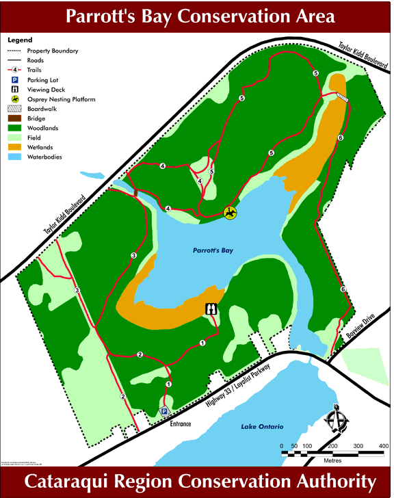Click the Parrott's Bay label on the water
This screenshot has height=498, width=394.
point(212,251)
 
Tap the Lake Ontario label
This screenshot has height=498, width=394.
point(262,427)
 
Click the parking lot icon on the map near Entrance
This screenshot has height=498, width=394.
point(164,411)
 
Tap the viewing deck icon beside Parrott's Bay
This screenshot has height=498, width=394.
point(212,310)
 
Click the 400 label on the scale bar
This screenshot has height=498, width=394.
point(383,446)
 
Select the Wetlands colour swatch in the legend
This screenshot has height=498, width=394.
point(15,147)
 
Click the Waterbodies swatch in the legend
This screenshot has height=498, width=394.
point(15,157)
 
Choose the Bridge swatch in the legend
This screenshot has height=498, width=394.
point(15,118)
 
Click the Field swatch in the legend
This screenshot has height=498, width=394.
point(15,137)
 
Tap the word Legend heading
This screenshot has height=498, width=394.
point(19,40)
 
